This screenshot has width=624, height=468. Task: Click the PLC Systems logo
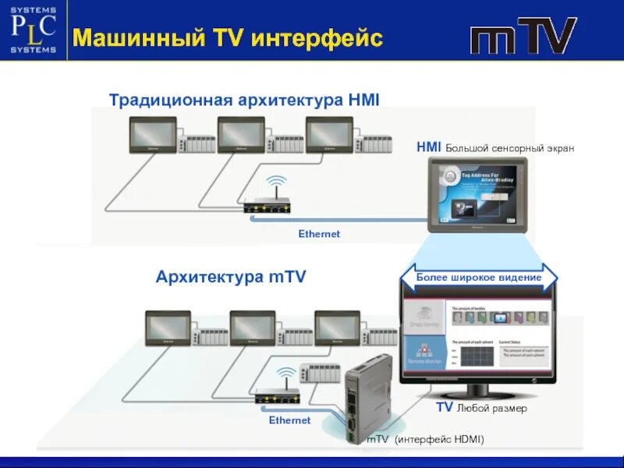(x=34, y=30)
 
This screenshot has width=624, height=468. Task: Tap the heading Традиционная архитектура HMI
(x=244, y=100)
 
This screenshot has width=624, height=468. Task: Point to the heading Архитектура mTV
(x=231, y=277)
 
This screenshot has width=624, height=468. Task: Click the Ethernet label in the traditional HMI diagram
(x=319, y=234)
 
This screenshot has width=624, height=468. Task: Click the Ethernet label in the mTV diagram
(x=289, y=420)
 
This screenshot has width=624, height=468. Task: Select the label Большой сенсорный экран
(x=509, y=147)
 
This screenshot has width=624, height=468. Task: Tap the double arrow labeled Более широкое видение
(x=479, y=278)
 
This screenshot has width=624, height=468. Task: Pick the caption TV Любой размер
(x=480, y=408)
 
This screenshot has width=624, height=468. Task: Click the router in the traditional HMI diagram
(x=268, y=206)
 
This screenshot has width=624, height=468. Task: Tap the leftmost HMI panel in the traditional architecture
(x=152, y=134)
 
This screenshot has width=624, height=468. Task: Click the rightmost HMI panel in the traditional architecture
(x=329, y=134)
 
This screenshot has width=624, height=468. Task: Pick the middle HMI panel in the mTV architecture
(x=252, y=328)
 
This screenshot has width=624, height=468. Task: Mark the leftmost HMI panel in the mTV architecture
(x=168, y=328)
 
